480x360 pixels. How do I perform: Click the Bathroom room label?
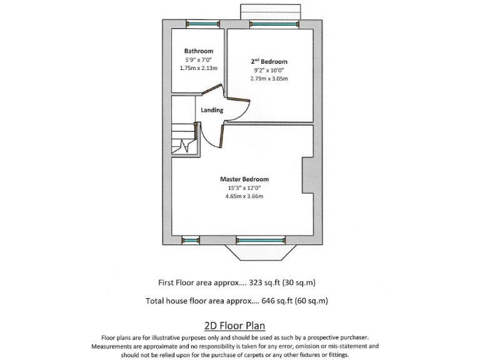pos(198,51)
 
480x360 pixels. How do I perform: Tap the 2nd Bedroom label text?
pos(269,61)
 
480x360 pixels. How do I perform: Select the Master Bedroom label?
pos(244,179)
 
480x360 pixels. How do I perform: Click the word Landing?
pos(211,110)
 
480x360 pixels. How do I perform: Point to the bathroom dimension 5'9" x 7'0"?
pos(198,59)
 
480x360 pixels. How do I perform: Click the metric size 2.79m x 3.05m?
pos(269,79)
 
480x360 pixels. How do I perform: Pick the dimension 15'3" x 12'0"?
pos(244,187)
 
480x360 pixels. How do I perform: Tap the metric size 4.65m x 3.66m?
pos(244,196)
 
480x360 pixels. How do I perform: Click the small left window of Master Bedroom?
pos(190,239)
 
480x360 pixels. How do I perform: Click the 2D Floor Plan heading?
pos(235,326)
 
